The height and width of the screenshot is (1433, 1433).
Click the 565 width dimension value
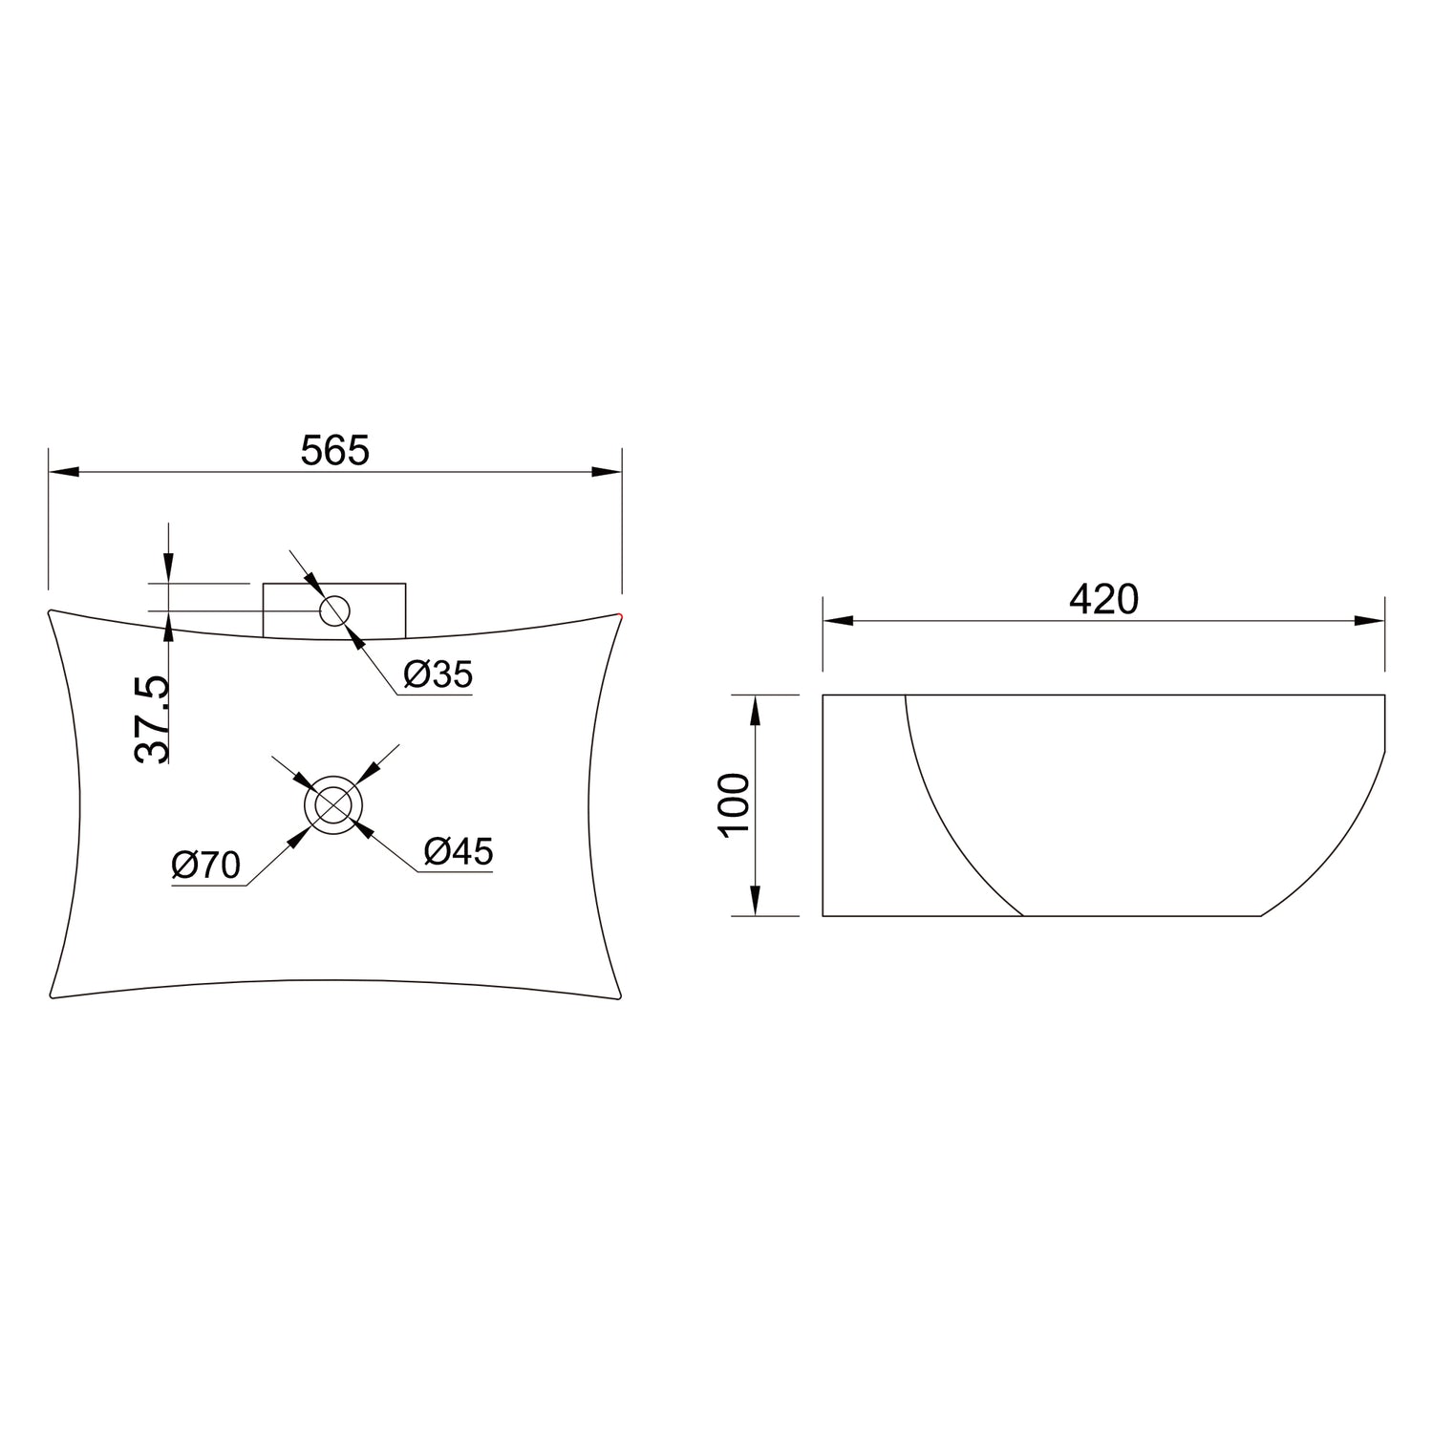pos(334,450)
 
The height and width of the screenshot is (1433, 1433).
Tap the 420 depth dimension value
pos(1103,599)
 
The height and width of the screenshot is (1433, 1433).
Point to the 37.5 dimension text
pos(151,718)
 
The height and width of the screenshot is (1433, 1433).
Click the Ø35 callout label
pos(438,674)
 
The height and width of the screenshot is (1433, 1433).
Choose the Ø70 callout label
pos(206,866)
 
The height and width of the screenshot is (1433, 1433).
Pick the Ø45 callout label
pos(459,850)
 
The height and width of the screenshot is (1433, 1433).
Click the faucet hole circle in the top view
pos(334,610)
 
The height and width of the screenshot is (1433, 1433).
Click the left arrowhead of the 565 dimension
pos(61,472)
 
